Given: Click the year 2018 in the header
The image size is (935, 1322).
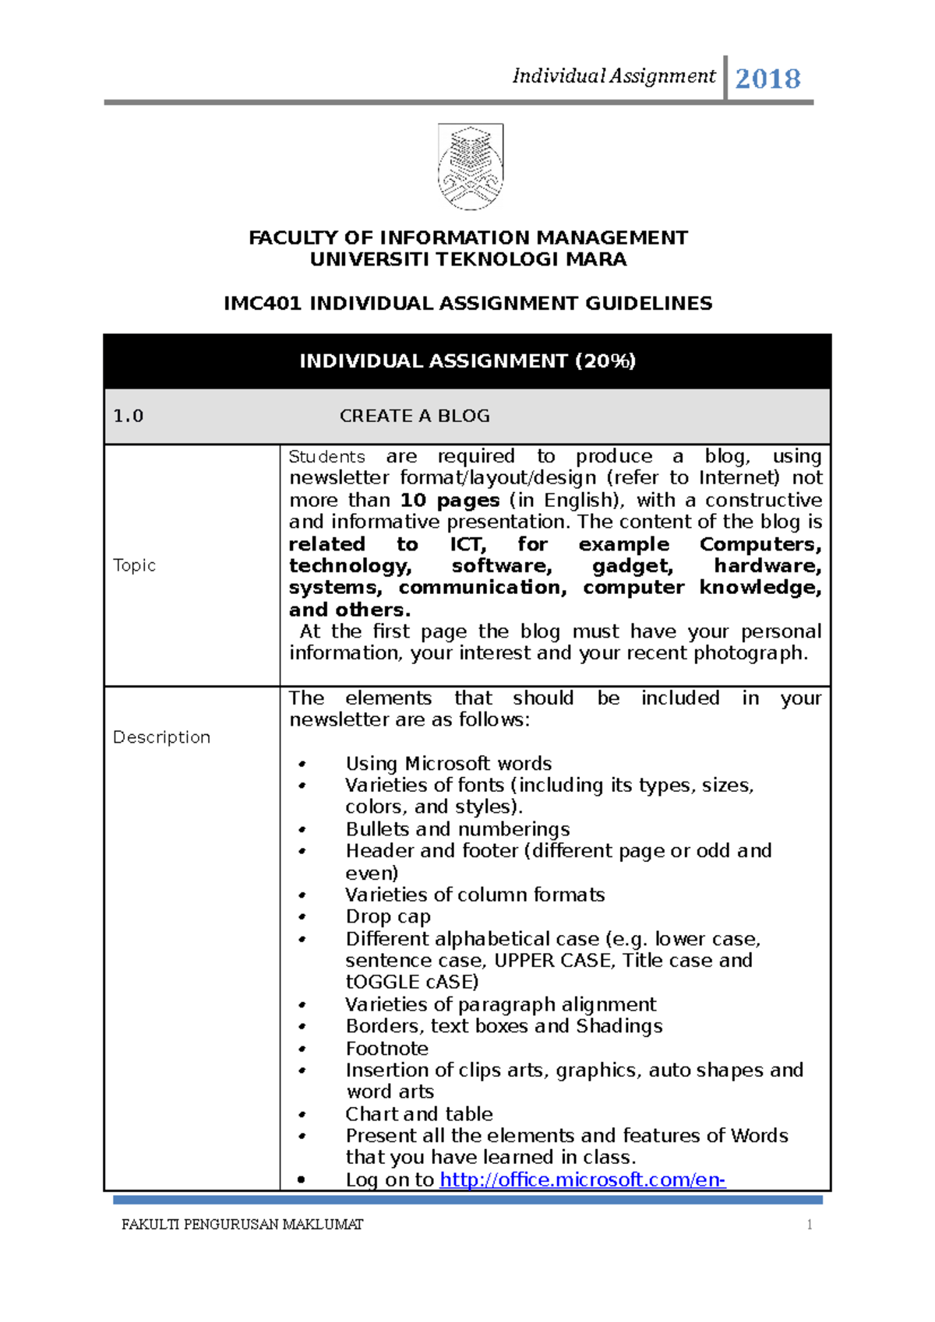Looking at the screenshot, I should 767,79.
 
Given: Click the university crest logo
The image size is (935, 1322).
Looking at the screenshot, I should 471,167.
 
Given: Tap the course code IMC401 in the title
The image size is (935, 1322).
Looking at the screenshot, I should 262,304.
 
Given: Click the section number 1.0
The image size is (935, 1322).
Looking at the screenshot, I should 129,417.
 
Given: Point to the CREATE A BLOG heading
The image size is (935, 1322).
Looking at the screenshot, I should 415,417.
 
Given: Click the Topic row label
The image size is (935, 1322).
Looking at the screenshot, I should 134,565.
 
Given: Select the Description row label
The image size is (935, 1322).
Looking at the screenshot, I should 161,737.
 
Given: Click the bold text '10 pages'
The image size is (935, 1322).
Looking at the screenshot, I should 450,501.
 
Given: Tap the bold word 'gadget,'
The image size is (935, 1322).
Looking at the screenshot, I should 632,566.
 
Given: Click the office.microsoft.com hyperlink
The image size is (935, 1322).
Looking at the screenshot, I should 582,1180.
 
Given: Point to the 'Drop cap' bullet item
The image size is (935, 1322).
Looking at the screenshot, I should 388,917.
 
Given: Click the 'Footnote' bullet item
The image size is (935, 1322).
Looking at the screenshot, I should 387,1049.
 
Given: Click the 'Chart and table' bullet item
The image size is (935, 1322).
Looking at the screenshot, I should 419,1114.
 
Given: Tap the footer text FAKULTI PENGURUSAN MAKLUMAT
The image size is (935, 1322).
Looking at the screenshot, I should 242,1225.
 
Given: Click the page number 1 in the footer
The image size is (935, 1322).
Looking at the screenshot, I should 810,1225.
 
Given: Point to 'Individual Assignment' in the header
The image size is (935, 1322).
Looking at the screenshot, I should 613,76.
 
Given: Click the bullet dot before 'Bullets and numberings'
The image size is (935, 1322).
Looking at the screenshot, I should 302,830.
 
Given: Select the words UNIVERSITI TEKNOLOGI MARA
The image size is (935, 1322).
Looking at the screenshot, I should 467,260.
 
